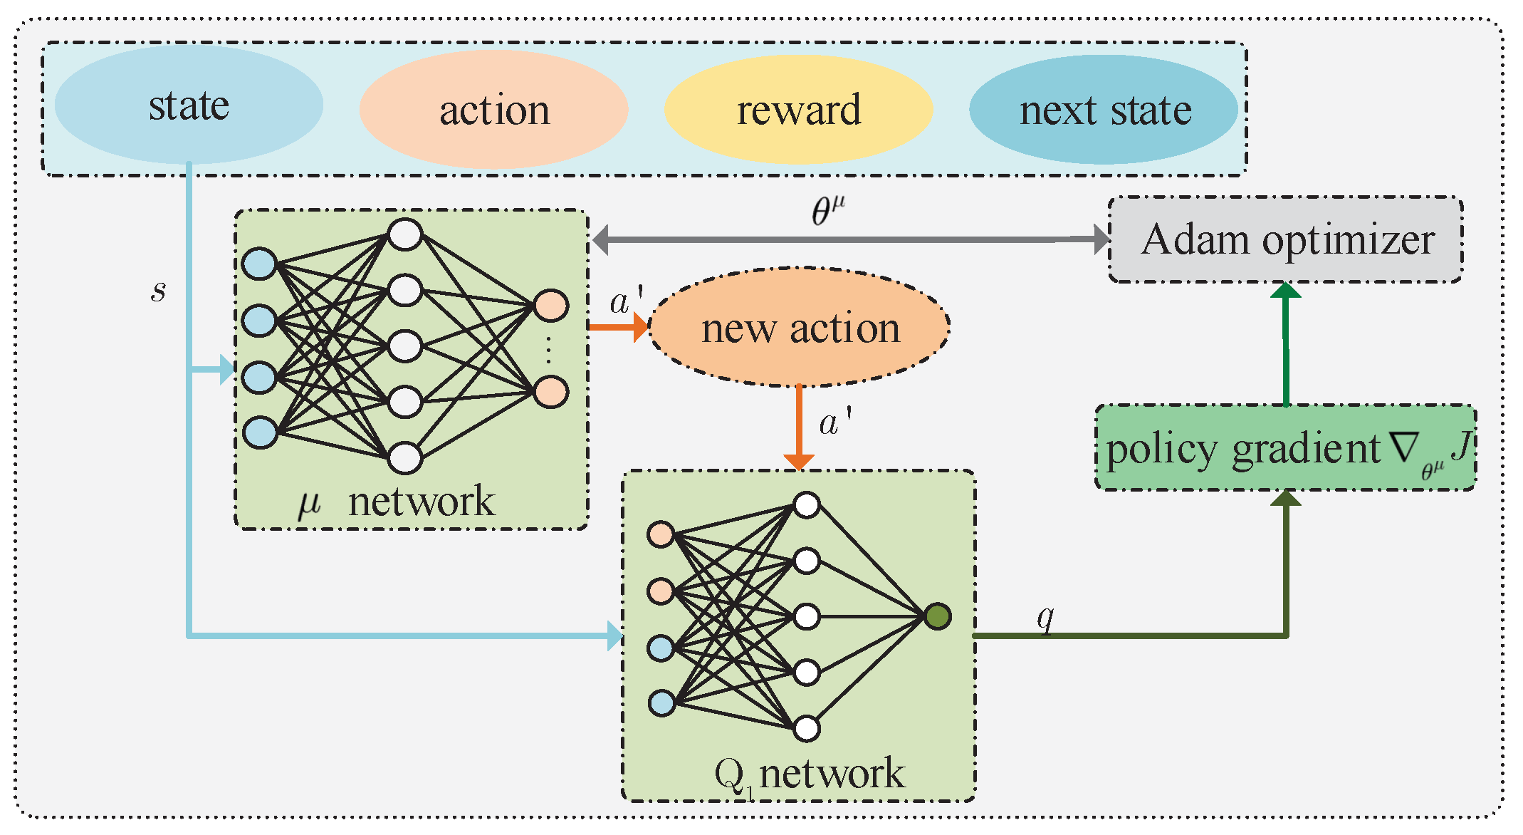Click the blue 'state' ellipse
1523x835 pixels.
pos(189,105)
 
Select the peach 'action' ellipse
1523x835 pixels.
pos(494,110)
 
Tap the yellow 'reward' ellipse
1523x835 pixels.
pos(798,110)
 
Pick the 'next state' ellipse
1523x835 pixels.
pos(1104,110)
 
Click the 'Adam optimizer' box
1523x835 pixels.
pos(1286,239)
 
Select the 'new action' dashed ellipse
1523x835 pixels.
pos(800,328)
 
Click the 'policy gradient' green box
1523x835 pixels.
pos(1286,447)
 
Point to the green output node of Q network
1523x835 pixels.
pos(937,616)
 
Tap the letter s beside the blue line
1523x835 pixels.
pos(158,290)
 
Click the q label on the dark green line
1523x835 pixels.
pos(1045,618)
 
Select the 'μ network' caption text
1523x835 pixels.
pos(396,502)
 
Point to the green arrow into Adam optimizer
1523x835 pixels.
pos(1286,342)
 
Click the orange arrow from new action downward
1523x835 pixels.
pos(799,427)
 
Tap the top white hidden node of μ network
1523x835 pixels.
pos(405,234)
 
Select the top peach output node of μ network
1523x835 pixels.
pos(550,306)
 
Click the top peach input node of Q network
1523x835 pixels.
pos(661,534)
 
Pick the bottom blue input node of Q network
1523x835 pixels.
pos(661,703)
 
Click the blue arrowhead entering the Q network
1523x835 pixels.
pos(615,636)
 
